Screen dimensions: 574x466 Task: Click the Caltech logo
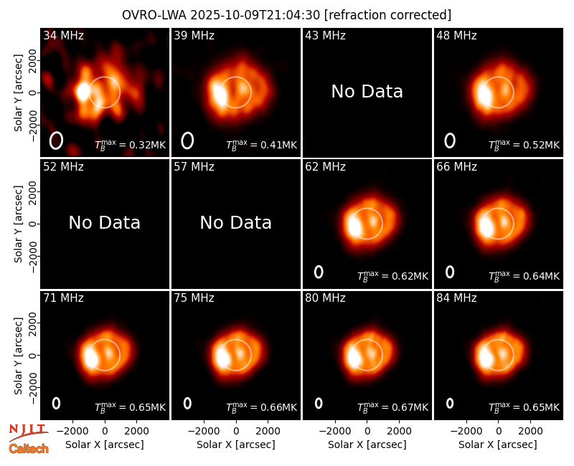point(29,449)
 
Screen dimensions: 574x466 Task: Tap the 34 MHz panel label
point(63,35)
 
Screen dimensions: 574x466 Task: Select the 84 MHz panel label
point(456,298)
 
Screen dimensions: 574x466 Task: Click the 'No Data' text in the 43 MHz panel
point(367,92)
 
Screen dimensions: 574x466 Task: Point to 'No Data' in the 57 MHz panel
point(236,223)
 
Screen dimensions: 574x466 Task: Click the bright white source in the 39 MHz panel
point(220,94)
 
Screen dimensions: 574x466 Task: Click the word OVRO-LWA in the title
point(154,15)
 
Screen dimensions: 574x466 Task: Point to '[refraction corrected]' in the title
point(387,15)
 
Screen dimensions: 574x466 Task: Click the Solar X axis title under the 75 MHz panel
point(236,444)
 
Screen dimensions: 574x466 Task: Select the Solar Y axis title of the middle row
point(18,224)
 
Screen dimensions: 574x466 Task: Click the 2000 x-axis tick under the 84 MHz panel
point(530,432)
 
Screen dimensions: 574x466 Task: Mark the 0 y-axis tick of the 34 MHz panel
point(32,92)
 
